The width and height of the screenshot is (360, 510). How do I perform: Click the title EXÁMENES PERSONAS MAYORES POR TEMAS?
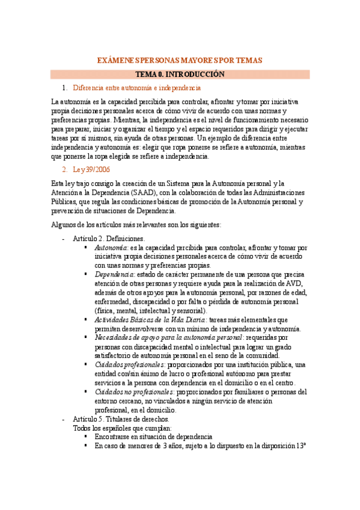coord(180,61)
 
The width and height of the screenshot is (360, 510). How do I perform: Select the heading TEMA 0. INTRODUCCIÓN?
coord(180,75)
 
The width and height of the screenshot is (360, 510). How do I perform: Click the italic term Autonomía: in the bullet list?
coord(111,247)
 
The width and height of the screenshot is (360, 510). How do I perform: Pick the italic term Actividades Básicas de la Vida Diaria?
coord(150,319)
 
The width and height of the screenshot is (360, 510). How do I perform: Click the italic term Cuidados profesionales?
coord(129,364)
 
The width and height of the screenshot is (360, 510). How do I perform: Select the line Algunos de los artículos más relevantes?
coord(136,224)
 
